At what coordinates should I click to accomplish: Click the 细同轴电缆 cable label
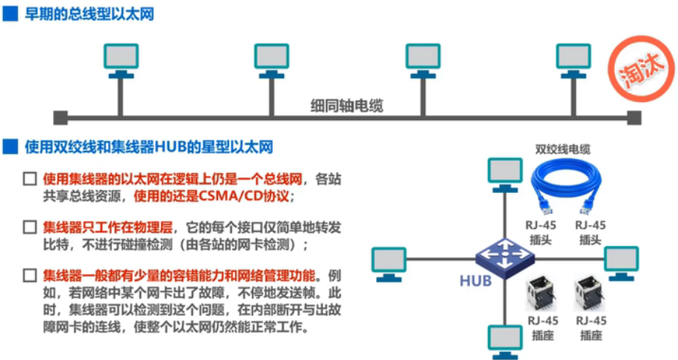coord(347,106)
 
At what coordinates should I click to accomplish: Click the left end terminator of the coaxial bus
coord(60,117)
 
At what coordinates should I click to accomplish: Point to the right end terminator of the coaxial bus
coord(633,117)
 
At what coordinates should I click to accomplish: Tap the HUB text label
coord(475,281)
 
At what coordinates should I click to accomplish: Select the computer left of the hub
coord(389,263)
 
